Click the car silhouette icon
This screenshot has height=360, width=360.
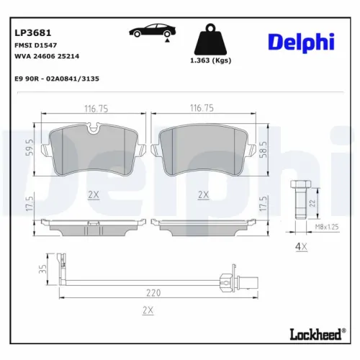152,32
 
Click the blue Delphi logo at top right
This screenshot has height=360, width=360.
301,42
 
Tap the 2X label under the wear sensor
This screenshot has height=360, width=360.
149,311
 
